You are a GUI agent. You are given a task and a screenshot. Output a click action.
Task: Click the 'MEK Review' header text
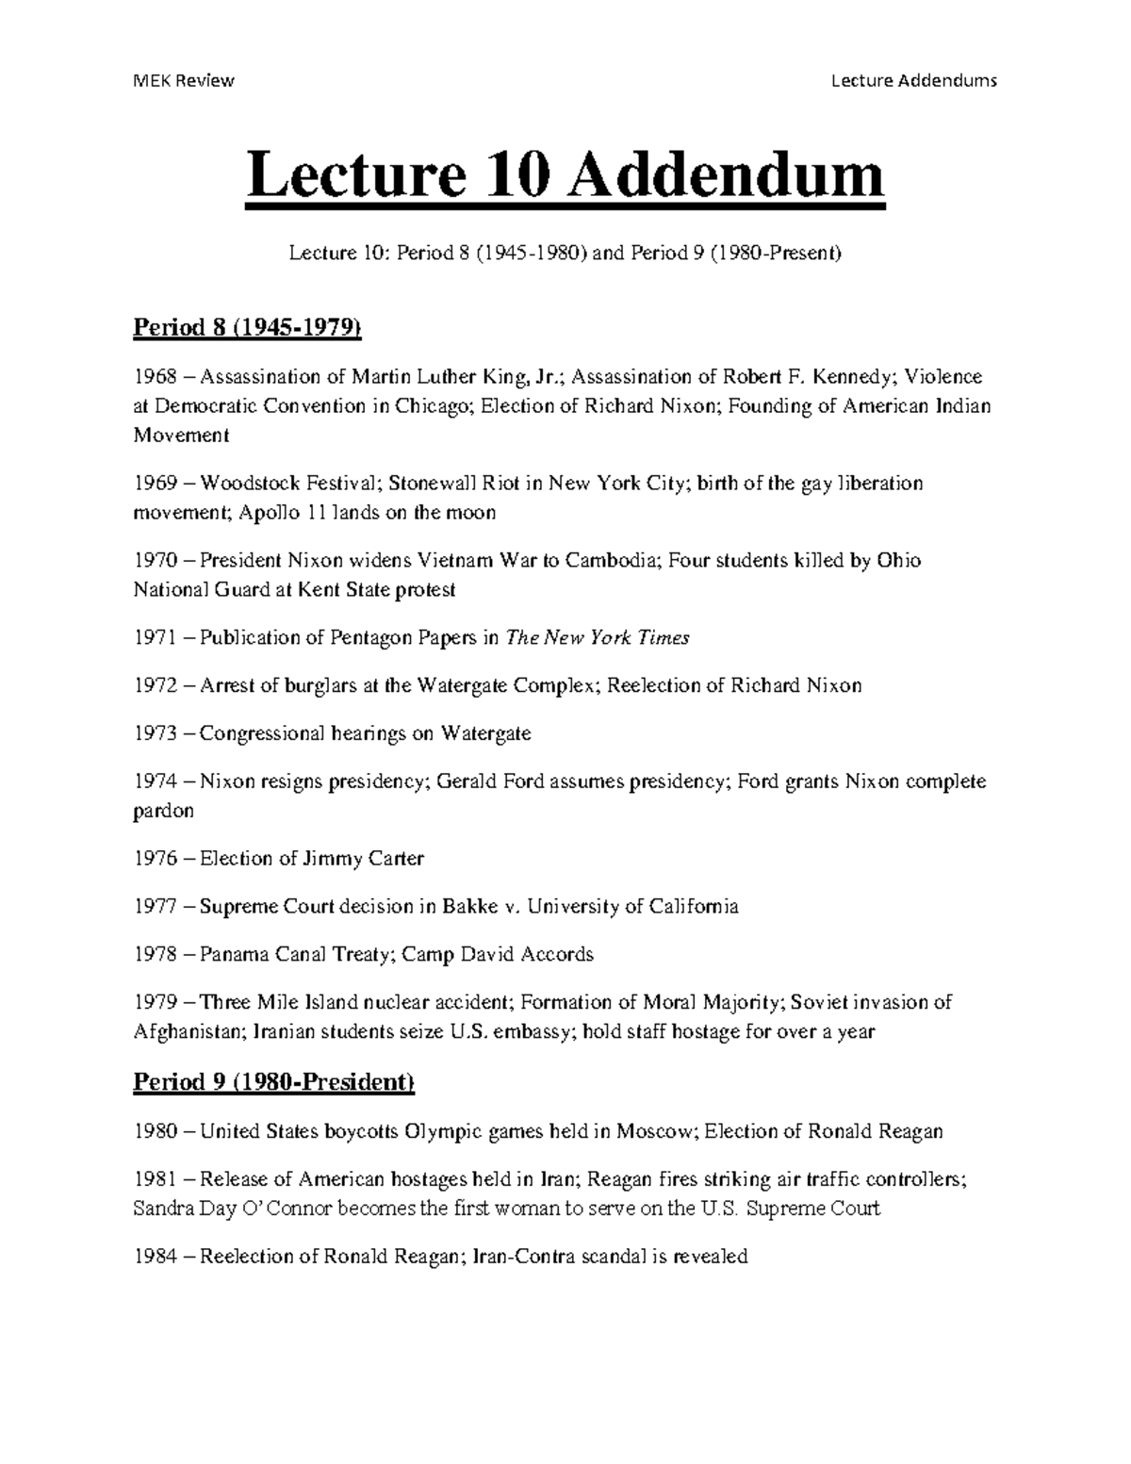[x=184, y=80]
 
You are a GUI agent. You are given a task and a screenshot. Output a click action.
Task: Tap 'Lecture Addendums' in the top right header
[x=913, y=80]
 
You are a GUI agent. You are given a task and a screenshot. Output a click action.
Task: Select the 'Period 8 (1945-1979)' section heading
[x=248, y=327]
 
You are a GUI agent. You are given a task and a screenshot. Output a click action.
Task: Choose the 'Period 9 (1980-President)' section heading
[x=273, y=1082]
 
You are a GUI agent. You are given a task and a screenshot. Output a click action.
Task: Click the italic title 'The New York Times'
[x=598, y=637]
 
